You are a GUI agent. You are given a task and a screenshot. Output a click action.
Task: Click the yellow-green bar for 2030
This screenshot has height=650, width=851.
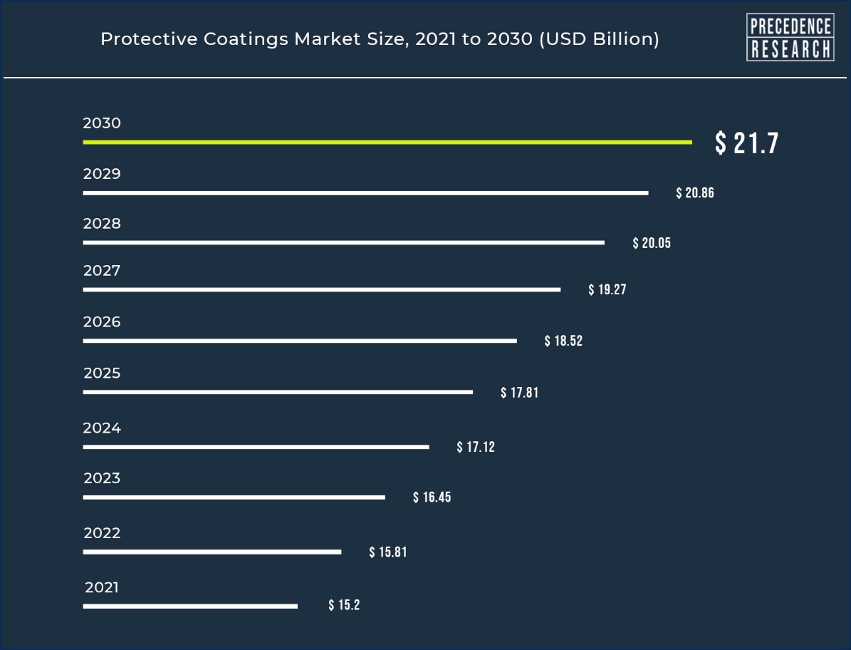click(387, 143)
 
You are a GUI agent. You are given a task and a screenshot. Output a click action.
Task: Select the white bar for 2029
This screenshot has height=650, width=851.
click(366, 192)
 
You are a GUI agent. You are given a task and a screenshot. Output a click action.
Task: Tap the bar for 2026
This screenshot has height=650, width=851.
click(300, 341)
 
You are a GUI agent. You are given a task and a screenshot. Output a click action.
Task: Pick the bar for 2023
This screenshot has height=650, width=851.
click(234, 497)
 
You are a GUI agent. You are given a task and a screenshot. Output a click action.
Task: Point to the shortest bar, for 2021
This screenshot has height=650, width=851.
click(190, 606)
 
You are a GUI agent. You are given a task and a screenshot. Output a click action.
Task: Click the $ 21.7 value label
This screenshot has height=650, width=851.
click(747, 143)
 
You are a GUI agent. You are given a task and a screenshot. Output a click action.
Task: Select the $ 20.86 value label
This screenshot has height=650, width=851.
click(695, 192)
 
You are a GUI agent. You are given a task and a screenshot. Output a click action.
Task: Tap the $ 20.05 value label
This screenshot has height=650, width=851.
click(652, 243)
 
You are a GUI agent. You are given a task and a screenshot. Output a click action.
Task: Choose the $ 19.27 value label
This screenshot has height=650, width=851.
click(607, 289)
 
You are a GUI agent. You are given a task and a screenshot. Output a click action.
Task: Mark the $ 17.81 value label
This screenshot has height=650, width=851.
click(519, 393)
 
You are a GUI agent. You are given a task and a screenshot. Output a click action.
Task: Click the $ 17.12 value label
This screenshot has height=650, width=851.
click(476, 447)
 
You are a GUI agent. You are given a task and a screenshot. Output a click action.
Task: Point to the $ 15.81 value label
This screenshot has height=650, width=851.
click(388, 552)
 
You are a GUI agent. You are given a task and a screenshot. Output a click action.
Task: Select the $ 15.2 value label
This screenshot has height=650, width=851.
click(344, 605)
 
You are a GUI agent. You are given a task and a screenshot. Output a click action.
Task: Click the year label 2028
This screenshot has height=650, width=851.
click(102, 224)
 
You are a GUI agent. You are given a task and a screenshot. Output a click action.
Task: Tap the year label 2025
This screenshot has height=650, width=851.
click(102, 373)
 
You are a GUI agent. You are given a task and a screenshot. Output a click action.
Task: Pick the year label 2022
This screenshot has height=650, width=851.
click(102, 533)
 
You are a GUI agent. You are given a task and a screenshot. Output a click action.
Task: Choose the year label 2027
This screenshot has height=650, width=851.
click(102, 270)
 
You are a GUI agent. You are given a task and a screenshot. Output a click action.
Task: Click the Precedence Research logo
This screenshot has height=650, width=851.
click(790, 37)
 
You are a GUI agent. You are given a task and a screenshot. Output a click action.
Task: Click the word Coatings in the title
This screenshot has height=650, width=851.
click(246, 40)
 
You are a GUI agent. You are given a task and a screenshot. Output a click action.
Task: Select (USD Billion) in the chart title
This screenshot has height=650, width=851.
click(599, 39)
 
